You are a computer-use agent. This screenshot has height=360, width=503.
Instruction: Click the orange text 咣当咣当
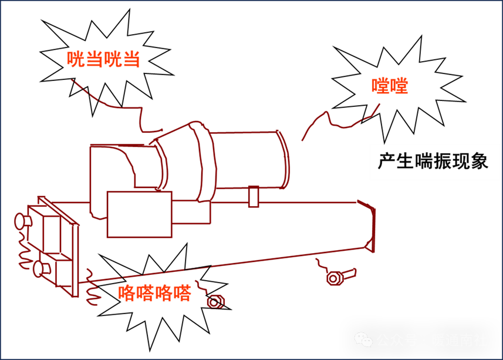[103, 59]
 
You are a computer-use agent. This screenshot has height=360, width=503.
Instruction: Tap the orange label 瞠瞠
[390, 86]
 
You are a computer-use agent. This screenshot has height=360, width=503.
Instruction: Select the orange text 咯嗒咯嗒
[154, 292]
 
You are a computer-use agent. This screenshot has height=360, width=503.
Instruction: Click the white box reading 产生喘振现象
[434, 162]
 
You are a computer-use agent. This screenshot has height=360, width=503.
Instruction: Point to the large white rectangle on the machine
[139, 214]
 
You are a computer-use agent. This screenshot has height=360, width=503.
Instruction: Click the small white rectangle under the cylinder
[254, 197]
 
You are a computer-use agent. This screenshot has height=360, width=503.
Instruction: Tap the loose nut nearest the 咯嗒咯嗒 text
[215, 302]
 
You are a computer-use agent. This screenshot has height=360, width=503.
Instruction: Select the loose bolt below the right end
[335, 278]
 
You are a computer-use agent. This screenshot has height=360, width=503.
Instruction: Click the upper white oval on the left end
[20, 221]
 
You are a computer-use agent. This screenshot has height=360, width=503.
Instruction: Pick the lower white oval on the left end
[38, 269]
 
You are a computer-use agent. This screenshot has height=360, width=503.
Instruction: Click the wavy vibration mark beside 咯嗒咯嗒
[92, 288]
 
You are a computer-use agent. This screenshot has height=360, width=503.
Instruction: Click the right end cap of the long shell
[370, 226]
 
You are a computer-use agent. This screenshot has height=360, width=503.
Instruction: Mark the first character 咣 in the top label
[76, 59]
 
